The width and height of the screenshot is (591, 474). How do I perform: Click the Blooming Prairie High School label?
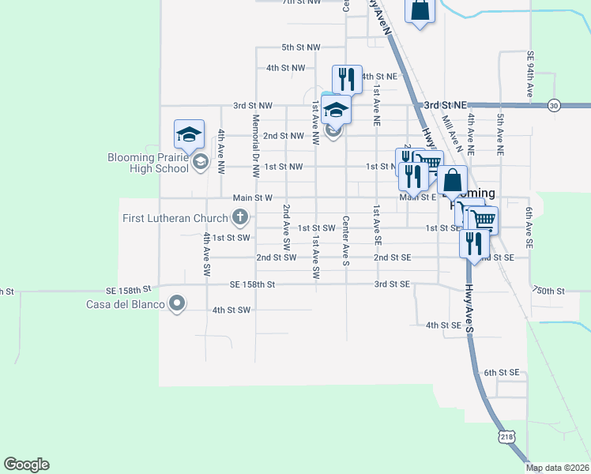click(149, 163)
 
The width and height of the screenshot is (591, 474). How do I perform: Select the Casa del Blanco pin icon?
click(177, 303)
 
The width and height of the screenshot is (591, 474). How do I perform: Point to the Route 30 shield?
click(554, 105)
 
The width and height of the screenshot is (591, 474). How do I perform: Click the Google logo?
click(26, 465)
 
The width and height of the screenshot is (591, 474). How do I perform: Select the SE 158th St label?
click(252, 284)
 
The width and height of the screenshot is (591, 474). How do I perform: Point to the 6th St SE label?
click(502, 372)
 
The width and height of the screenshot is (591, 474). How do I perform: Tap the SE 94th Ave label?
click(529, 76)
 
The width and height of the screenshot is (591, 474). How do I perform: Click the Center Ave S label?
click(346, 240)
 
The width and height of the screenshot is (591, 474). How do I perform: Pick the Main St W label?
click(252, 197)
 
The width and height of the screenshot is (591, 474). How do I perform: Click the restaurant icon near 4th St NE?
click(347, 79)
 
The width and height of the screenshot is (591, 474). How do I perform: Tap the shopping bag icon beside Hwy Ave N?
click(420, 11)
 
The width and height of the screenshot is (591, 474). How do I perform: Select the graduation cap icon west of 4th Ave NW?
click(190, 134)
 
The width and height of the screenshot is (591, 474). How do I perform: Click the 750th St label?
click(549, 291)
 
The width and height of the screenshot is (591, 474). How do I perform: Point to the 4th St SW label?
click(231, 310)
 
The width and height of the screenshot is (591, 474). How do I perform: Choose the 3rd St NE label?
click(445, 104)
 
